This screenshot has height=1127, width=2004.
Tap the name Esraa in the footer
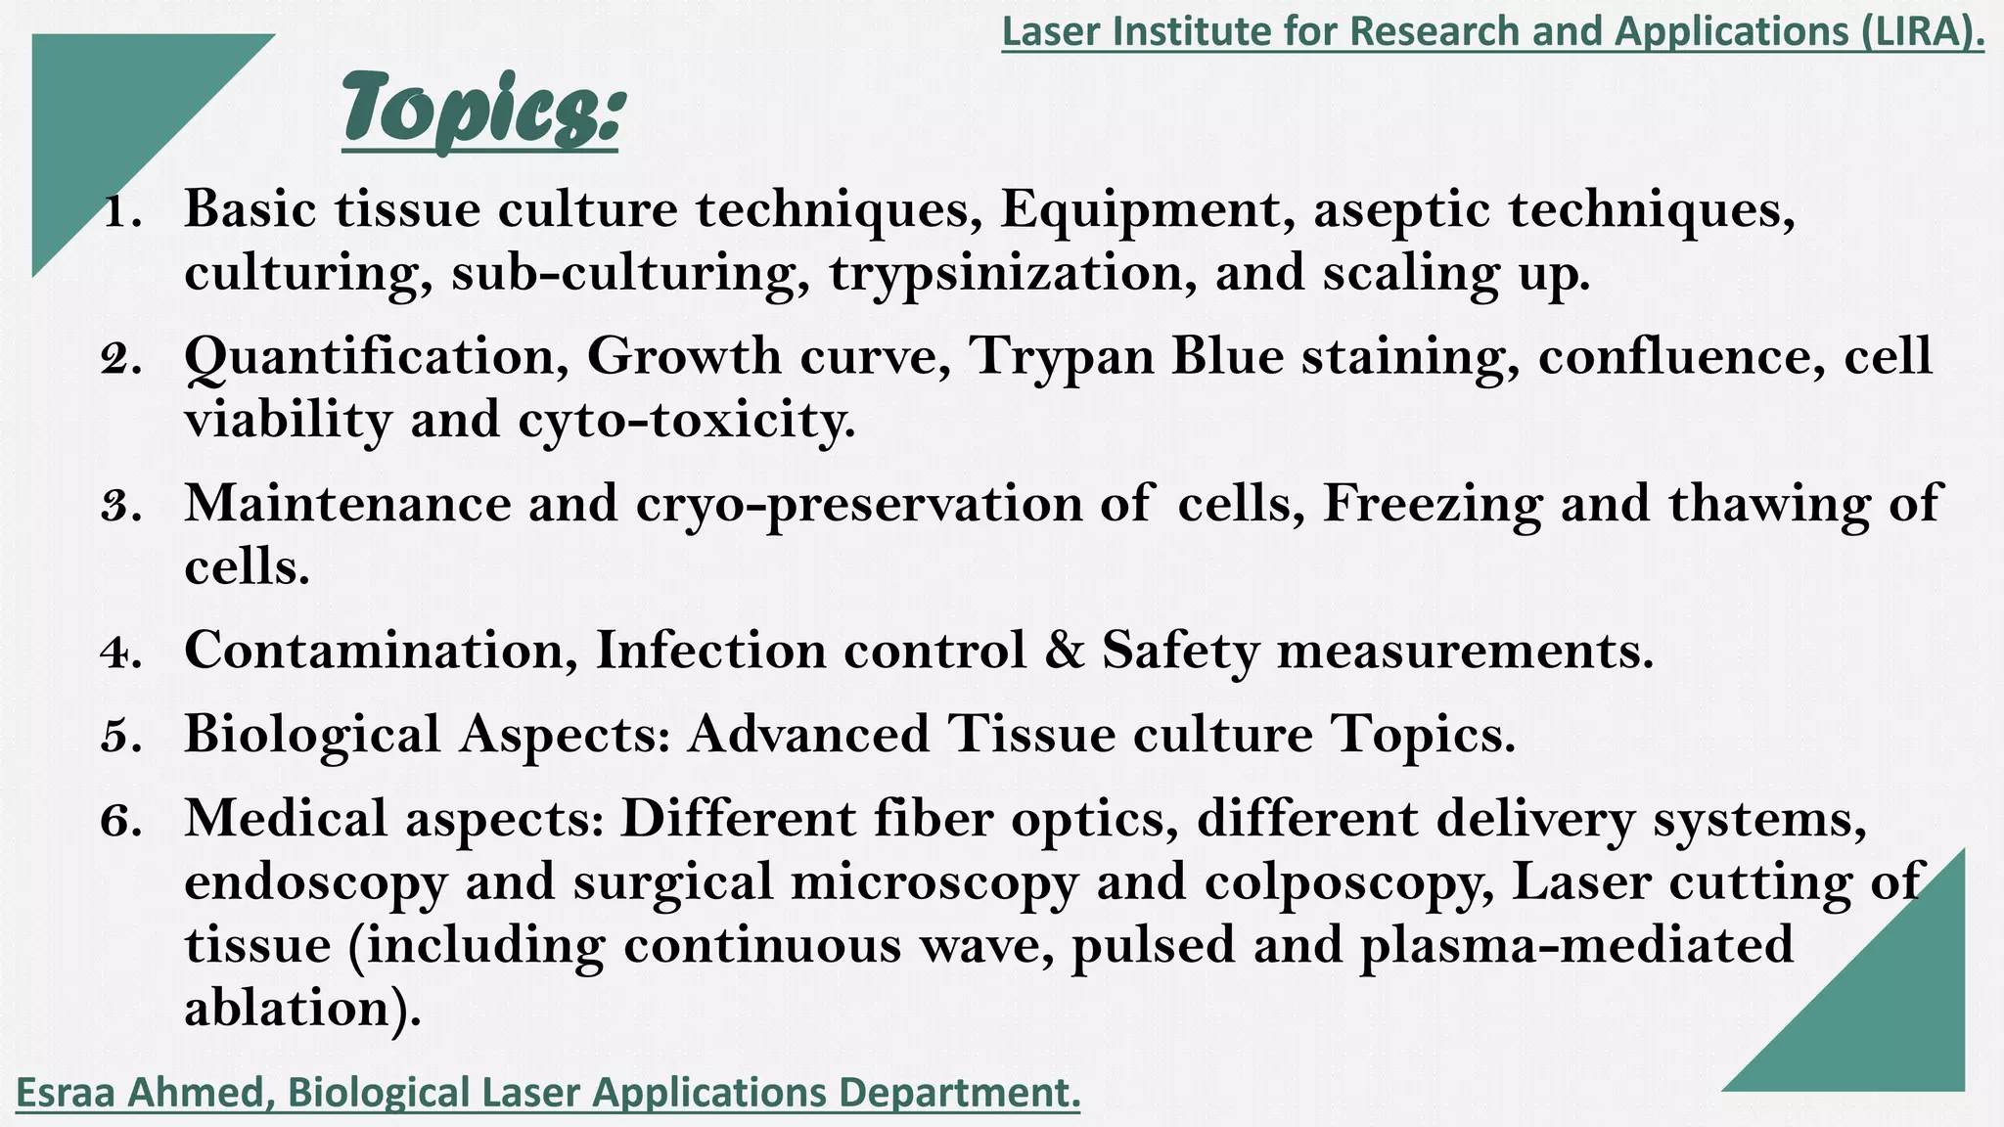[x=68, y=1093]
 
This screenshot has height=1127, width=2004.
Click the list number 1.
[x=122, y=211]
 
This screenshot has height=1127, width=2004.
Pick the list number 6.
[x=122, y=820]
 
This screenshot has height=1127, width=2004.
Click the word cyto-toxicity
[x=685, y=421]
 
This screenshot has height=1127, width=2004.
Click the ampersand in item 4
[x=1065, y=651]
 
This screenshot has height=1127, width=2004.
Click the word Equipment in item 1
[x=1146, y=210]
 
